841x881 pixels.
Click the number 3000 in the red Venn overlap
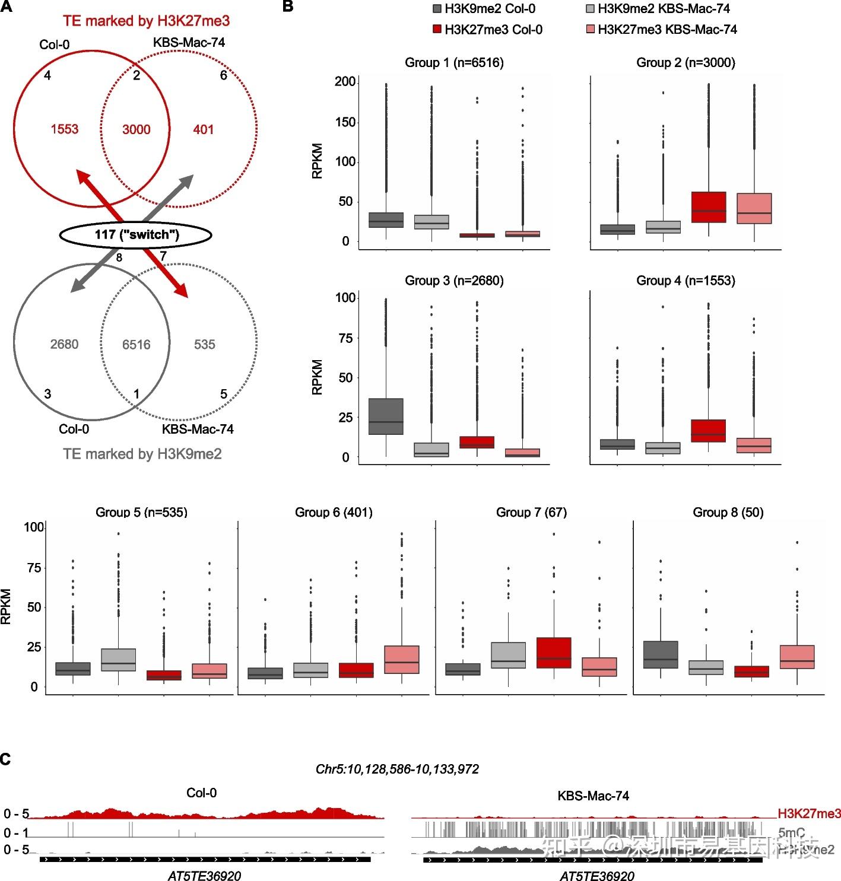(x=136, y=129)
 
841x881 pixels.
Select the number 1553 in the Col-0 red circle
(x=64, y=129)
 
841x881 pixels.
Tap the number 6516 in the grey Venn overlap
(x=136, y=345)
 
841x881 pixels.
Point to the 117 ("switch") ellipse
(x=136, y=235)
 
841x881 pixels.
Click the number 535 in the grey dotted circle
(x=204, y=345)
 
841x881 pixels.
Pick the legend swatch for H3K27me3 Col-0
(x=437, y=29)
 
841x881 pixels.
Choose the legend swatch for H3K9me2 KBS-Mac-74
(x=591, y=8)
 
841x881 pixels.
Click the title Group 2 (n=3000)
(x=686, y=63)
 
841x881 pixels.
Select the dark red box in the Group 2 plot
(x=709, y=207)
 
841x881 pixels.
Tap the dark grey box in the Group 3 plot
(x=386, y=416)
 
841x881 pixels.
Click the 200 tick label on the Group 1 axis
(x=345, y=82)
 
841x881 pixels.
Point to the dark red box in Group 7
(x=554, y=653)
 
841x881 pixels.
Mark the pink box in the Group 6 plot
(x=402, y=659)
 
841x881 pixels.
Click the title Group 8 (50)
(x=728, y=512)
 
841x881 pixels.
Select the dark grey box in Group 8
(x=661, y=654)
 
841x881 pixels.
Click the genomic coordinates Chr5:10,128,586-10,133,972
(x=397, y=769)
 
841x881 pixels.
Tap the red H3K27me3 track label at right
(x=809, y=813)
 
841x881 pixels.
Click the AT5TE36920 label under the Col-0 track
(x=204, y=876)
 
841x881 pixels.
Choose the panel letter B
(x=288, y=7)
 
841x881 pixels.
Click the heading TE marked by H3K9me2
(x=142, y=454)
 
